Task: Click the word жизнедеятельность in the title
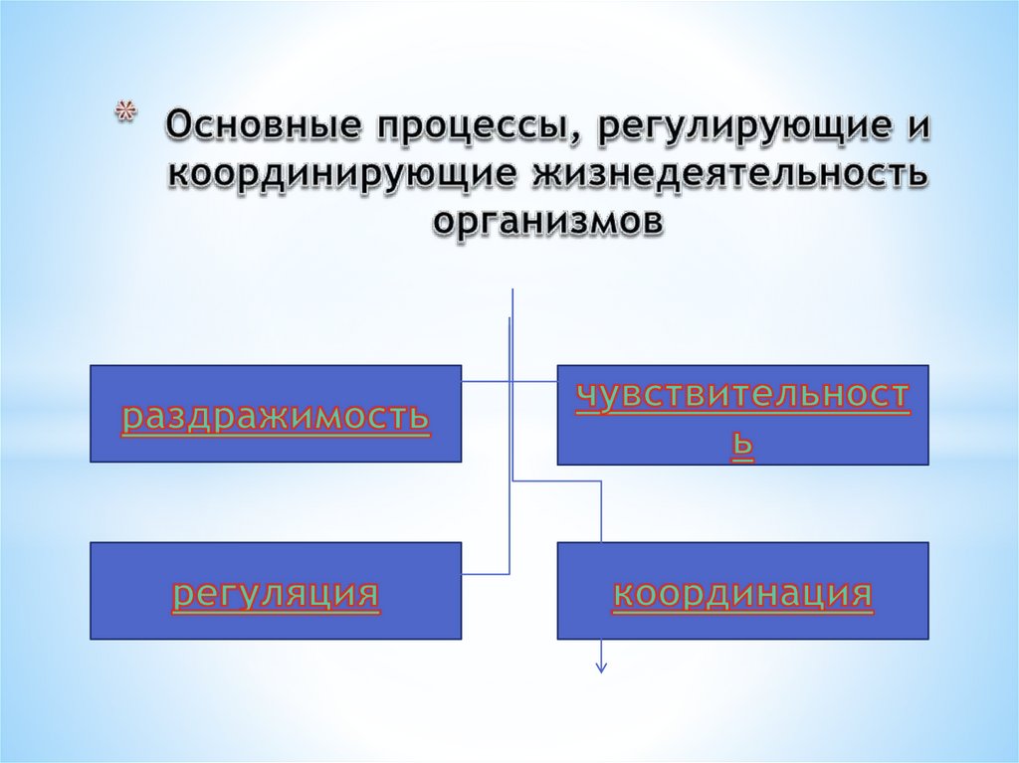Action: point(733,175)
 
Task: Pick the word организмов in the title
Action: point(546,221)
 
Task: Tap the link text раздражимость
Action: point(276,418)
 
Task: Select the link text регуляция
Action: point(276,594)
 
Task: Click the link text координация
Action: point(742,594)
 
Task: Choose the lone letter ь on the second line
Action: point(742,449)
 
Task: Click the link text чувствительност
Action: point(742,395)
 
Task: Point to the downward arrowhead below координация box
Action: point(601,668)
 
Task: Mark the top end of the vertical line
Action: point(512,290)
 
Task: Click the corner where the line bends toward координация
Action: point(602,481)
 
